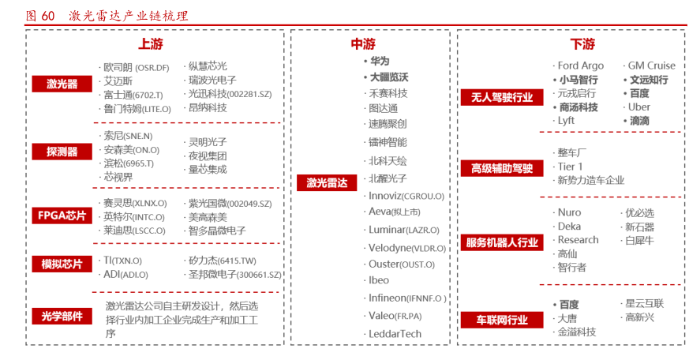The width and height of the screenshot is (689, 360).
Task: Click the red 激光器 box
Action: [62, 84]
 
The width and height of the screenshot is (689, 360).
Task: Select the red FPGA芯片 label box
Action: [62, 216]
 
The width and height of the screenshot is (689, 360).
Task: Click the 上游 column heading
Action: [151, 44]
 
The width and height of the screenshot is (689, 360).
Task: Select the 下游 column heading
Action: [582, 44]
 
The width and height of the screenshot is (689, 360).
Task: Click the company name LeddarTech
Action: [395, 334]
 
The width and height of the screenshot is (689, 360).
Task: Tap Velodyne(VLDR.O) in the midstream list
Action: [406, 248]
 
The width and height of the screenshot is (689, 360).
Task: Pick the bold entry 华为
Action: [380, 61]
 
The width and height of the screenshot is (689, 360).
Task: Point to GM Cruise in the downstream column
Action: [651, 66]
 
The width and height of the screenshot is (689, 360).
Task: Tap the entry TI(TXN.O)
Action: [122, 261]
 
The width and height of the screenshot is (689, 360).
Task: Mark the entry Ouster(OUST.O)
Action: [401, 264]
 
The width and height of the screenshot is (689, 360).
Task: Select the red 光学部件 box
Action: [62, 317]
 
